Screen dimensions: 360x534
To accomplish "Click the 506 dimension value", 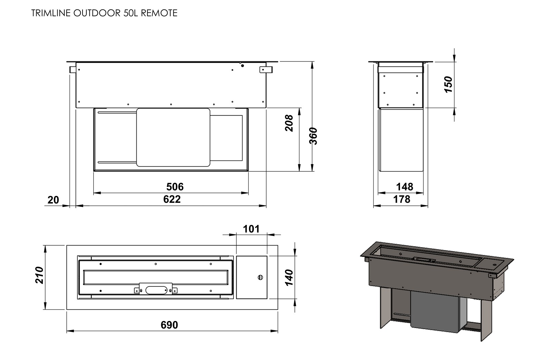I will [175, 187].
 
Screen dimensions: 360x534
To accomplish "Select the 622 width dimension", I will [172, 199].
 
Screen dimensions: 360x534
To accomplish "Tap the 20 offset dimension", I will [53, 200].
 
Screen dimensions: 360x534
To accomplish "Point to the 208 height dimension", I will [289, 123].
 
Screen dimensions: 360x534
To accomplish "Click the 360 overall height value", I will [313, 136].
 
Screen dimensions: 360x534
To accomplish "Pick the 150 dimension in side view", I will [448, 84].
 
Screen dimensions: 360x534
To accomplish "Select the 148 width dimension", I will [404, 187].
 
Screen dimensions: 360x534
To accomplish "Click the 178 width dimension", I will [402, 199].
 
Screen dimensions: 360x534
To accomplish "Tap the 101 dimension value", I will [251, 229].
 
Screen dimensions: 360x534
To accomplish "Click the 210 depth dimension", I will [39, 275].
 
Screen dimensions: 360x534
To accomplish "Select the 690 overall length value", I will [169, 325].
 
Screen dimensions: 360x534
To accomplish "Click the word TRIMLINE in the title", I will [51, 13].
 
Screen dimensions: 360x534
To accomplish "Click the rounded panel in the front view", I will [173, 137].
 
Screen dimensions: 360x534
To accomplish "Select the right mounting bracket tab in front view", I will [266, 69].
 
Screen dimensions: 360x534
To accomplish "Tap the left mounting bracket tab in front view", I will [73, 69].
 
